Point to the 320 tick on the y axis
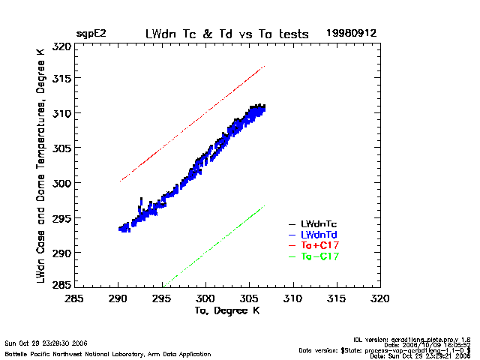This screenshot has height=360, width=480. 62,46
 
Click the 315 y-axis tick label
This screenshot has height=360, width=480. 62,79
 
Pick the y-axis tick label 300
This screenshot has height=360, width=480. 62,183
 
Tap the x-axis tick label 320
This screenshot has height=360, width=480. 380,299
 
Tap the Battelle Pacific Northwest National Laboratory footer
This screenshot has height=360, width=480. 108,353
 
